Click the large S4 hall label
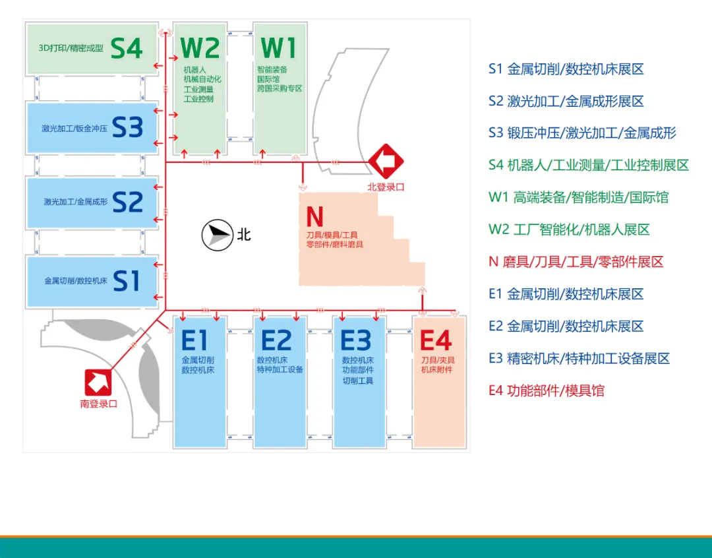tap(127, 47)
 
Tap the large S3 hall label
tap(127, 127)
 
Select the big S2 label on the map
tap(127, 202)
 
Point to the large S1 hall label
tap(127, 281)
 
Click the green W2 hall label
tap(200, 48)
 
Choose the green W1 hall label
tap(279, 48)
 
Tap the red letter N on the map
tap(314, 216)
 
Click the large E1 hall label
tap(194, 341)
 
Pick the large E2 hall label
tap(276, 341)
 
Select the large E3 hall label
tap(356, 341)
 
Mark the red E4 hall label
tap(436, 341)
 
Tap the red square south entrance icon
tap(99, 382)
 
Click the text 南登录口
tap(98, 404)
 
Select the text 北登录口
tap(386, 187)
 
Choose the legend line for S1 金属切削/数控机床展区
tap(566, 69)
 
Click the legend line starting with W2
tap(569, 230)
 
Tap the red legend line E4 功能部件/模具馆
tap(546, 390)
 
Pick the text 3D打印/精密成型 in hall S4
tap(71, 48)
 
